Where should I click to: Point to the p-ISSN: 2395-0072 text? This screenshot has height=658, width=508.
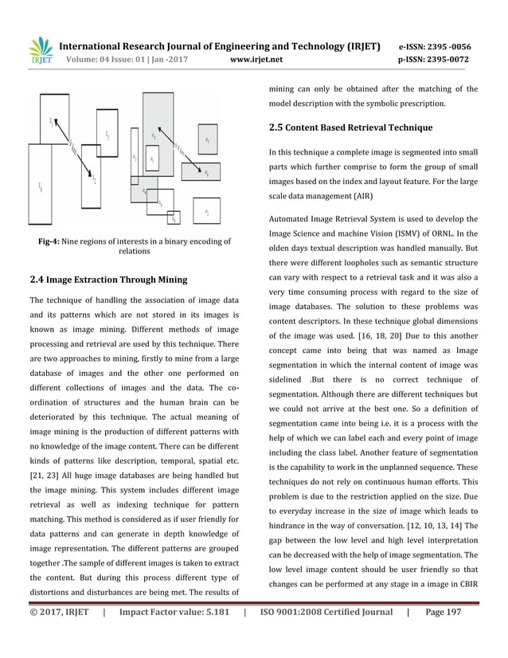(436, 59)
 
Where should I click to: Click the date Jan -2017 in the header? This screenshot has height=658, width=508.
(168, 59)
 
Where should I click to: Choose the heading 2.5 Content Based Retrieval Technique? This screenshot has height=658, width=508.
(350, 127)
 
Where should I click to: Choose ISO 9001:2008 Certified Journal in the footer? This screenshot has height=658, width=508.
(326, 635)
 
